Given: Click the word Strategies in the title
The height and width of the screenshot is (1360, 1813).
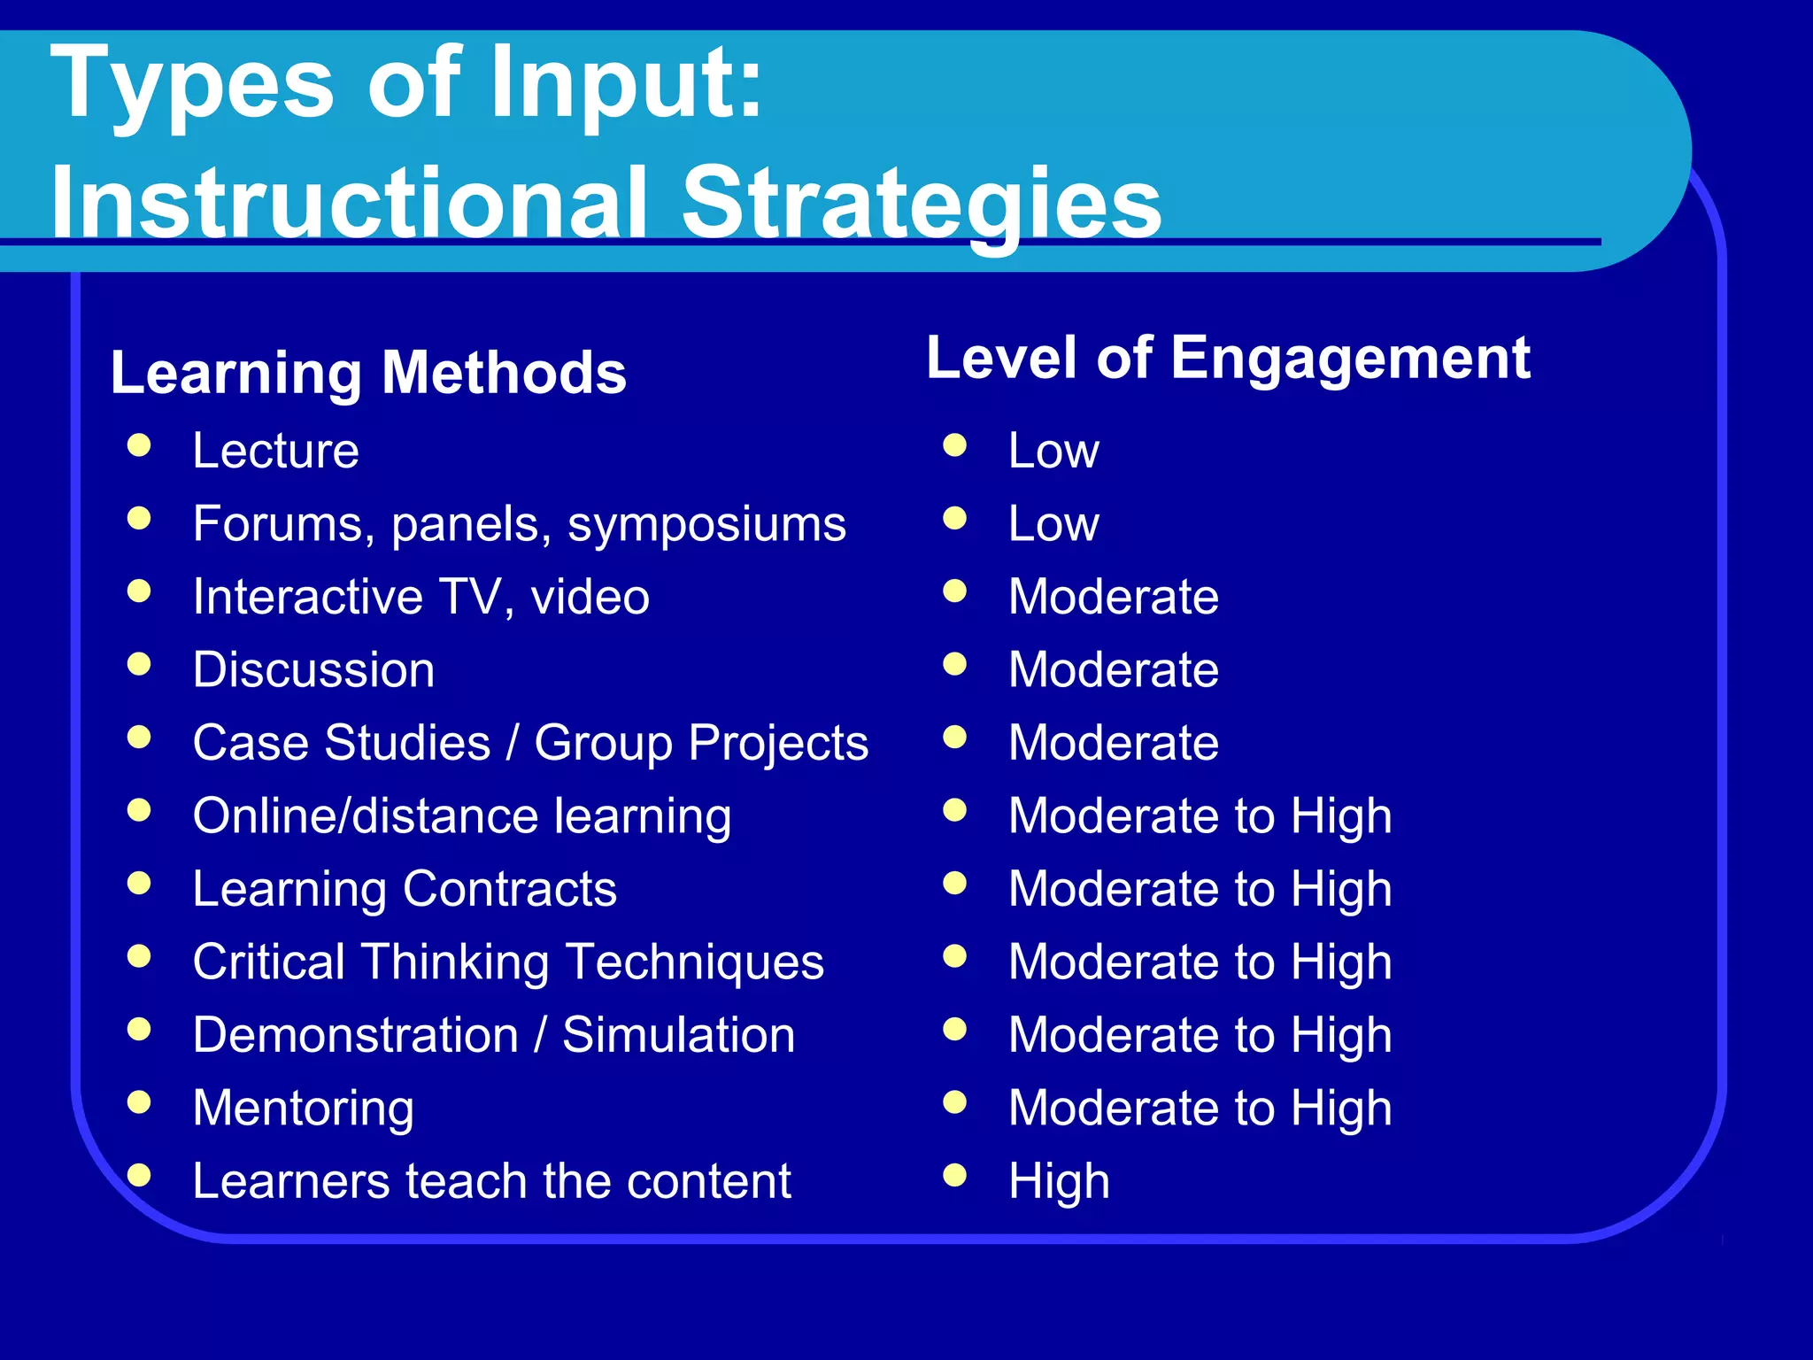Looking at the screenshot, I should pyautogui.click(x=921, y=204).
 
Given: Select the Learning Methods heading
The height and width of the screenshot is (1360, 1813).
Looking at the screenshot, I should pyautogui.click(x=368, y=373).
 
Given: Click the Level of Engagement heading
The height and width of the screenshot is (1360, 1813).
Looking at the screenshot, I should pyautogui.click(x=1228, y=359).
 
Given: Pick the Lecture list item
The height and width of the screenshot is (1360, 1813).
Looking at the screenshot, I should pyautogui.click(x=275, y=451).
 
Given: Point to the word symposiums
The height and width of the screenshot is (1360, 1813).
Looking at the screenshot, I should pyautogui.click(x=706, y=524).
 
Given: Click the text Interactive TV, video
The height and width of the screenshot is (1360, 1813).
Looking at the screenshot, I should pyautogui.click(x=420, y=597).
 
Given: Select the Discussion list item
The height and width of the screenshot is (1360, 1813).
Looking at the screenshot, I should pyautogui.click(x=313, y=670).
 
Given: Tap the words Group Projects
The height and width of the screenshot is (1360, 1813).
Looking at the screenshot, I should pyautogui.click(x=701, y=743).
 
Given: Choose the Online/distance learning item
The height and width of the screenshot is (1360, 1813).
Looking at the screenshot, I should pyautogui.click(x=461, y=816).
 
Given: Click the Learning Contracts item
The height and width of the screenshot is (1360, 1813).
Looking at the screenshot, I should pyautogui.click(x=405, y=889).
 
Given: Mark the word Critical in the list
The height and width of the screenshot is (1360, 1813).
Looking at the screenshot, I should pyautogui.click(x=269, y=962).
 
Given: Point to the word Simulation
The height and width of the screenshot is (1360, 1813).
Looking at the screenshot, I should pyautogui.click(x=678, y=1035).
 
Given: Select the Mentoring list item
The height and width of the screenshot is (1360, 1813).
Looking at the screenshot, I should pyautogui.click(x=303, y=1109).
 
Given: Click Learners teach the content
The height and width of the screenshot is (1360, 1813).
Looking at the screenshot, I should pyautogui.click(x=491, y=1181).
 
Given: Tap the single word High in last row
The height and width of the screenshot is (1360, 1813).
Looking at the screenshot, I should pyautogui.click(x=1059, y=1181).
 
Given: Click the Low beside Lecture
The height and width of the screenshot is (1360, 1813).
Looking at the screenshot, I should pyautogui.click(x=1053, y=451).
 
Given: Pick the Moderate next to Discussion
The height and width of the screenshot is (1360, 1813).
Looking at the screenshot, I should pyautogui.click(x=1113, y=670).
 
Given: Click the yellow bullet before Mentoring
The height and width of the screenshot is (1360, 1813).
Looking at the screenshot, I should pyautogui.click(x=139, y=1102).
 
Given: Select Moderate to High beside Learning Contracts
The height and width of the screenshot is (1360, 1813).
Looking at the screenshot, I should pyautogui.click(x=1200, y=889).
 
